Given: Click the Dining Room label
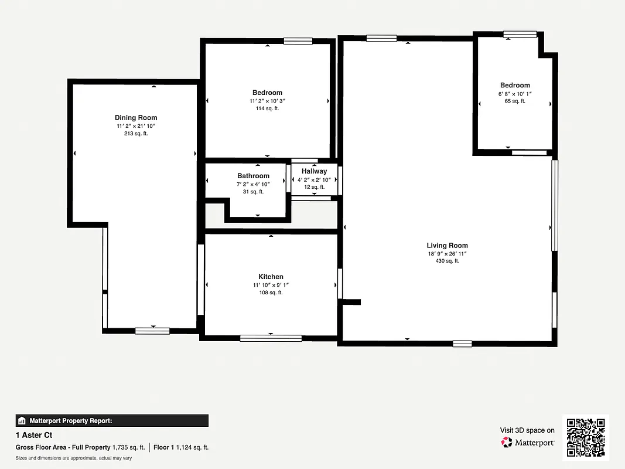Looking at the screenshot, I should pyautogui.click(x=136, y=118).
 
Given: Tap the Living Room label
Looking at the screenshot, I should pyautogui.click(x=447, y=246).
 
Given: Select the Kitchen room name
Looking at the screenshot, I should pyautogui.click(x=271, y=277).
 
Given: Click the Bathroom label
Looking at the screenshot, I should pyautogui.click(x=253, y=176).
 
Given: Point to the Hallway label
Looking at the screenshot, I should pyautogui.click(x=314, y=171).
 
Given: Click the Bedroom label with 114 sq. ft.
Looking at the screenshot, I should pyautogui.click(x=267, y=93).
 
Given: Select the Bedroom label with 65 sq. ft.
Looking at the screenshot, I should pyautogui.click(x=515, y=86).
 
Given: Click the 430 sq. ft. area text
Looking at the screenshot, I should pyautogui.click(x=447, y=261).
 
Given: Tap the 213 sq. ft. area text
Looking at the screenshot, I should pyautogui.click(x=136, y=134).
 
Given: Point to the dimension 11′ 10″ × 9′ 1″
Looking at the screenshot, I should pyautogui.click(x=271, y=285).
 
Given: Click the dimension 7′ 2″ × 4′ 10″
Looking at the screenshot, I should pyautogui.click(x=253, y=184).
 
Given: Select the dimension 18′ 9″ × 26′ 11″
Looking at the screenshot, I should pyautogui.click(x=447, y=254).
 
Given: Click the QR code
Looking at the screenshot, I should pyautogui.click(x=586, y=438).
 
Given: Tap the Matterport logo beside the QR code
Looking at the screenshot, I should pyautogui.click(x=528, y=443).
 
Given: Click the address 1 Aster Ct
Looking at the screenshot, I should pyautogui.click(x=34, y=435).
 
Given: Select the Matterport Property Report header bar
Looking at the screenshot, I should pyautogui.click(x=112, y=420).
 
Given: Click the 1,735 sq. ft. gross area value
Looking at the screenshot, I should pyautogui.click(x=128, y=447).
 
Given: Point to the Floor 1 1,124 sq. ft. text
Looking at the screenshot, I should pyautogui.click(x=181, y=447).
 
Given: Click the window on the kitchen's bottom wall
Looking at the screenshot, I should pyautogui.click(x=271, y=338).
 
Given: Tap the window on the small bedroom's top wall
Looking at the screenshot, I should pyautogui.click(x=520, y=34).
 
